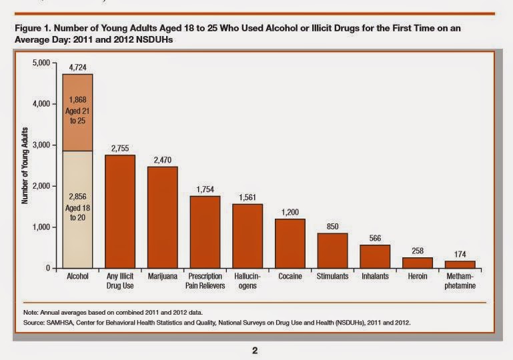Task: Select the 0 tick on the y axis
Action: [x=49, y=268]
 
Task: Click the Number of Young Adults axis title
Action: [x=24, y=165]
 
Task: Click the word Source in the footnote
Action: [x=33, y=323]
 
